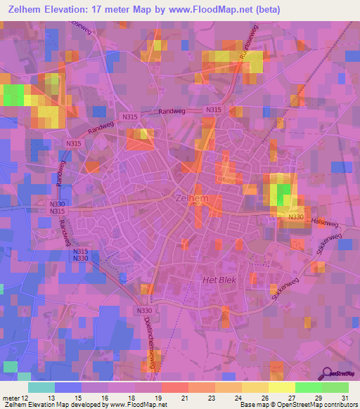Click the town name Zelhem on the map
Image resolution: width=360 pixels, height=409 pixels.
[188, 199]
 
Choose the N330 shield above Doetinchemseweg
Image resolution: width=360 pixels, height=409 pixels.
[144, 310]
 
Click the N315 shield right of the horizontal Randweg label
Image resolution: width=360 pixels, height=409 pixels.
[213, 110]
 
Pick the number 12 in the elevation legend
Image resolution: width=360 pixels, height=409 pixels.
[26, 398]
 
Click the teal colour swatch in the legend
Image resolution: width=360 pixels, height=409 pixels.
[41, 387]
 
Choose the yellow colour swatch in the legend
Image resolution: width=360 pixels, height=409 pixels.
[281, 387]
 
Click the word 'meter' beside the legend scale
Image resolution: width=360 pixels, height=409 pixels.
[11, 398]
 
